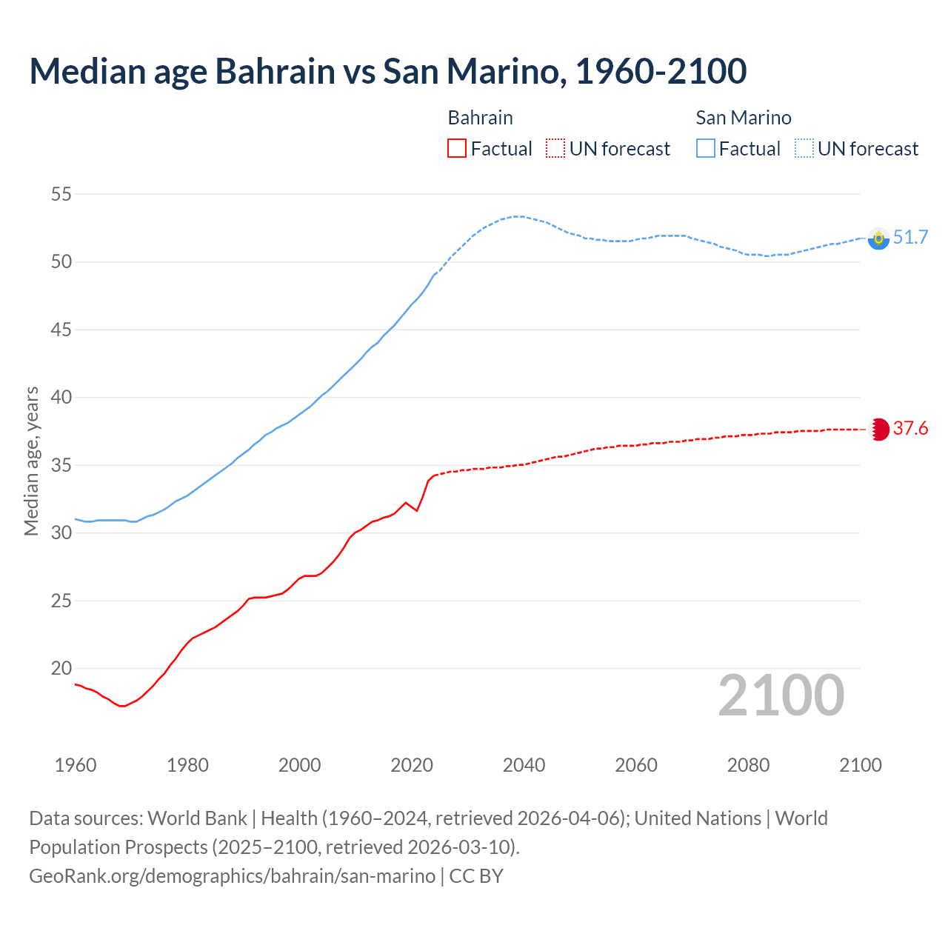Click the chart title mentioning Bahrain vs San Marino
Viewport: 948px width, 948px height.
pos(387,71)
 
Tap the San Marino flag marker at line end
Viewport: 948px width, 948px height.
pos(878,238)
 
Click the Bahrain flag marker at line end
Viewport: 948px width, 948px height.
pos(878,430)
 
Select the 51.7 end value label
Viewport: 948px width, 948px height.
pos(910,237)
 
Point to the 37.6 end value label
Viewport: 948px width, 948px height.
pos(910,429)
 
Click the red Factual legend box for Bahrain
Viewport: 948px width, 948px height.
pos(457,149)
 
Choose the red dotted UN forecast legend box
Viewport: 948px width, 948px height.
pos(555,149)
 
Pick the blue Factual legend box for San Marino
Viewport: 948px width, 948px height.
pos(706,149)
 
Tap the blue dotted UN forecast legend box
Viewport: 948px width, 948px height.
pos(804,149)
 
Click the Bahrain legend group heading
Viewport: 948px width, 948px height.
pos(480,118)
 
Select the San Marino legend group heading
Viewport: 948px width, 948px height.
pos(743,118)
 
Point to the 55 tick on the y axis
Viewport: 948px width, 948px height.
pos(61,195)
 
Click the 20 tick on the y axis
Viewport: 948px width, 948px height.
pos(61,669)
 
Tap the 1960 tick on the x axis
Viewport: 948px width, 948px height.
pos(76,765)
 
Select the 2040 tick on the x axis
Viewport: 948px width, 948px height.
pos(524,765)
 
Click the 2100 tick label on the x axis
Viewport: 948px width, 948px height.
pos(860,765)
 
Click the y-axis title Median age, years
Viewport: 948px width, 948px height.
pos(31,461)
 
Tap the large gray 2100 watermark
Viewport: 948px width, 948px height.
pos(781,695)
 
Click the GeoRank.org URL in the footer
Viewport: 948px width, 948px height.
pos(232,876)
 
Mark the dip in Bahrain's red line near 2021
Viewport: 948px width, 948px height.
pos(417,510)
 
